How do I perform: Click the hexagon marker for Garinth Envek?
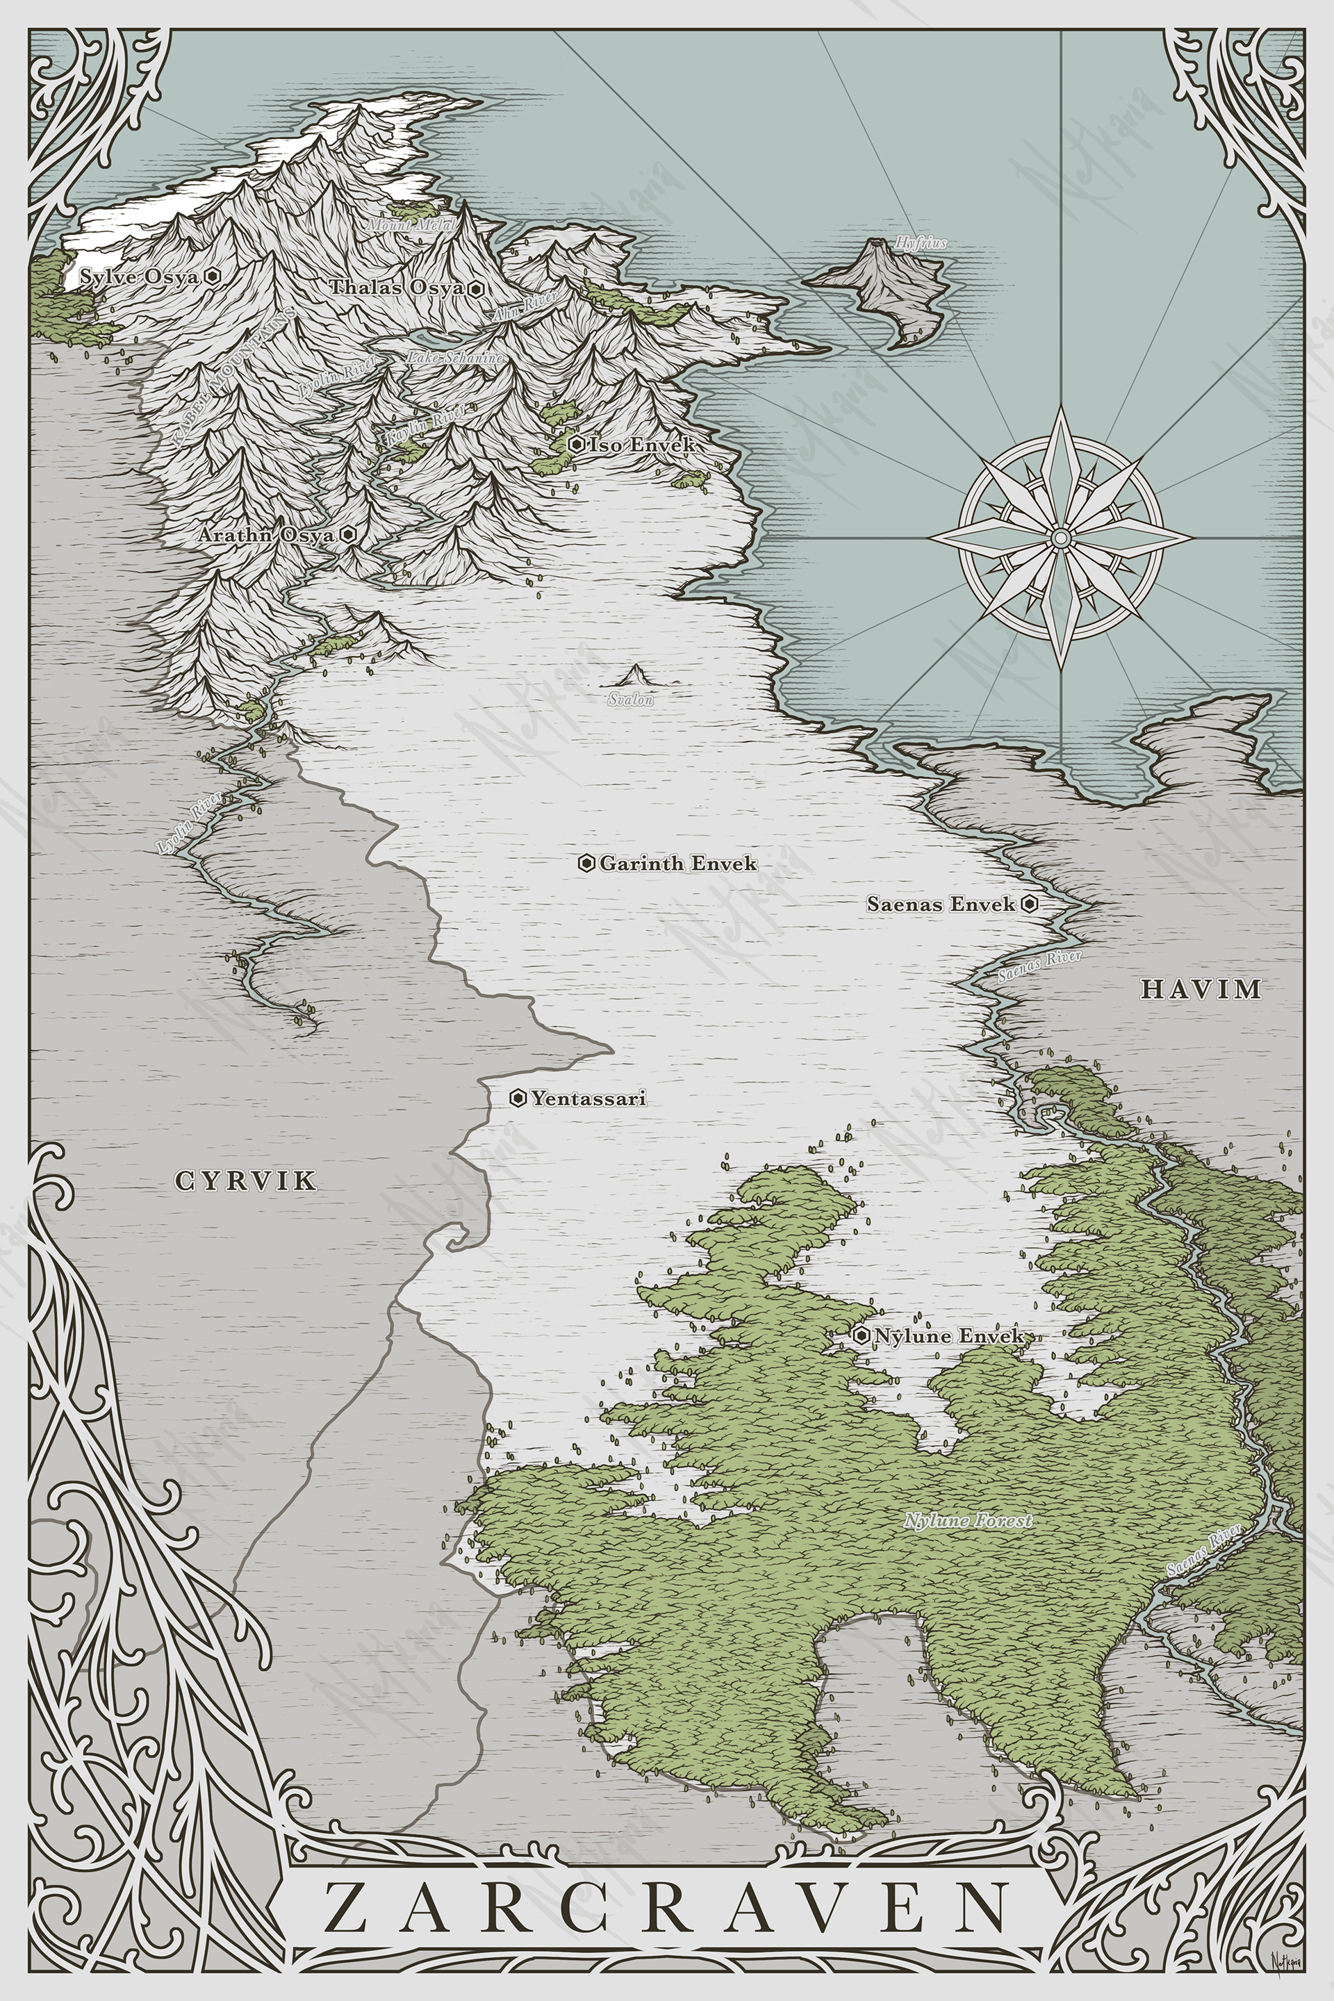click(586, 864)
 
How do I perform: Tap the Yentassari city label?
click(588, 1098)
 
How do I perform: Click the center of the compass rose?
click(1060, 538)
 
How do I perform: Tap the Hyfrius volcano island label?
click(920, 243)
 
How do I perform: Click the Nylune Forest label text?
click(967, 1520)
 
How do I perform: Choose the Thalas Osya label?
click(397, 288)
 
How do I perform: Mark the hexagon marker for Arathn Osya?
click(348, 535)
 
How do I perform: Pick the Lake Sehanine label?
click(454, 359)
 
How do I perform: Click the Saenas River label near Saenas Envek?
click(1039, 967)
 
